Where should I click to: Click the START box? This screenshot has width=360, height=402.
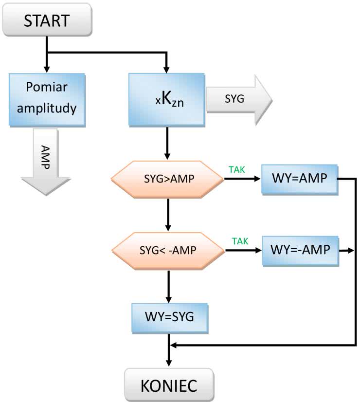[47, 20]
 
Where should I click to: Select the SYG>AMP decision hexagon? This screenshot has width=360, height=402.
[167, 180]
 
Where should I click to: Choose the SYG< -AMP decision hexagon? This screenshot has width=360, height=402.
[168, 251]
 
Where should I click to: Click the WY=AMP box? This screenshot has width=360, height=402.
[299, 179]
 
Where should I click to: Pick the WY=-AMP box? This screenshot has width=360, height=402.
[299, 250]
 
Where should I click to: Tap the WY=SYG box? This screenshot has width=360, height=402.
[169, 317]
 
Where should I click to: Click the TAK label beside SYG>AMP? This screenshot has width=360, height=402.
[237, 169]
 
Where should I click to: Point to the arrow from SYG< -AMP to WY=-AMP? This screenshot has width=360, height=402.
[243, 251]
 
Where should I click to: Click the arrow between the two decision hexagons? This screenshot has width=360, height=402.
[168, 215]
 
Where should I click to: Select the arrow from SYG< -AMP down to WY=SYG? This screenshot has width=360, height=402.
[168, 287]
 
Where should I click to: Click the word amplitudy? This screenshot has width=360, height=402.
[47, 108]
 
